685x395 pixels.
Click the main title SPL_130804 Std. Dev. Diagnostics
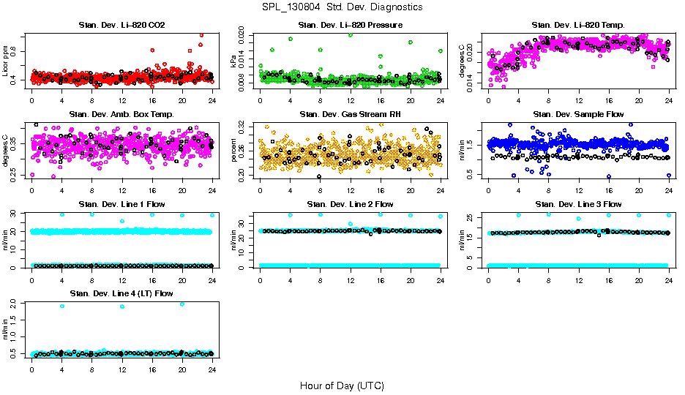click(x=342, y=7)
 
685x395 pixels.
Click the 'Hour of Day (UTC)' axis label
click(x=342, y=385)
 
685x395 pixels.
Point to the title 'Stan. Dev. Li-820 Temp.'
click(x=578, y=26)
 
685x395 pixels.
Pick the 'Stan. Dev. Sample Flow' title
click(x=578, y=114)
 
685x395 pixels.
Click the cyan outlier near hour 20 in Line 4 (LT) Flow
click(x=182, y=304)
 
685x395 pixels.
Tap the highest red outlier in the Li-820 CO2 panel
click(x=201, y=34)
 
